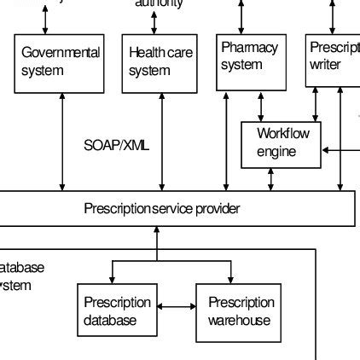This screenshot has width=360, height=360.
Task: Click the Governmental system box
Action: coord(60,63)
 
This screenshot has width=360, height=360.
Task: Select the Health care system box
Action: coord(160,63)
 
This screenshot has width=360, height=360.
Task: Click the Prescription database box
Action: coord(118,311)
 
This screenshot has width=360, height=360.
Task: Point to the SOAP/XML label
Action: coord(117,145)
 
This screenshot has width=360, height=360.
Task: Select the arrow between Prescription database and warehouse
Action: coord(177,305)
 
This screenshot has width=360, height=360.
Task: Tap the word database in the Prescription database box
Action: coord(109,321)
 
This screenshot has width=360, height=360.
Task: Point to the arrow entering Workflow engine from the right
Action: coord(340,152)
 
